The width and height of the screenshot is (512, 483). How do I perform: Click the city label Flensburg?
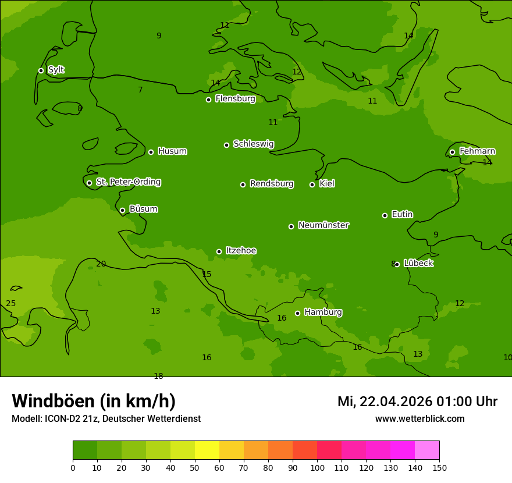tap(235, 99)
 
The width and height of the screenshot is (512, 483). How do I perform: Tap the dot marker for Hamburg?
tap(297, 313)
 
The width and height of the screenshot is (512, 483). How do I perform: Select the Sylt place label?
tap(56, 70)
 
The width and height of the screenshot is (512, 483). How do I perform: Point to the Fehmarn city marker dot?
tap(452, 152)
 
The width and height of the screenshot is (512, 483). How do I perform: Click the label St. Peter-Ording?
tap(128, 182)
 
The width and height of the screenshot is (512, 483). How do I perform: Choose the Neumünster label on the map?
tap(323, 225)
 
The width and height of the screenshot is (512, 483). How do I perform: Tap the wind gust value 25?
tap(11, 304)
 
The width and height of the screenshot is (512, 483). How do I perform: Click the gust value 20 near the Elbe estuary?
tap(101, 264)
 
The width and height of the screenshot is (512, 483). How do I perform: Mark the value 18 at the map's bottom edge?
tap(158, 376)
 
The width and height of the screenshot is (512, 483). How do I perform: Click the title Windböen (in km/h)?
tap(94, 401)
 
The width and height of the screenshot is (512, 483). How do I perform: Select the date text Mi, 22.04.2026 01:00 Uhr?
tap(417, 402)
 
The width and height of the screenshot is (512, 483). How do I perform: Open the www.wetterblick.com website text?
tap(419, 418)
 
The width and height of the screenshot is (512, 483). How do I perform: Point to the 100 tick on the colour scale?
tap(317, 467)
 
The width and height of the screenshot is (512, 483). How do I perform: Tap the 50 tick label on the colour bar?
tap(195, 467)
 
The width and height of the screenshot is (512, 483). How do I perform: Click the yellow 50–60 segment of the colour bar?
tap(207, 450)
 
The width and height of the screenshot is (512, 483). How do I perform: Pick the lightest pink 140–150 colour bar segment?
tap(427, 450)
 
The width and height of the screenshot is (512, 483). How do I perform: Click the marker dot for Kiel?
tap(312, 184)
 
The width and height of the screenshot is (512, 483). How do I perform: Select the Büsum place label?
tap(143, 209)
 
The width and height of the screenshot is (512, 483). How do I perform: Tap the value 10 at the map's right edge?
tap(507, 357)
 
